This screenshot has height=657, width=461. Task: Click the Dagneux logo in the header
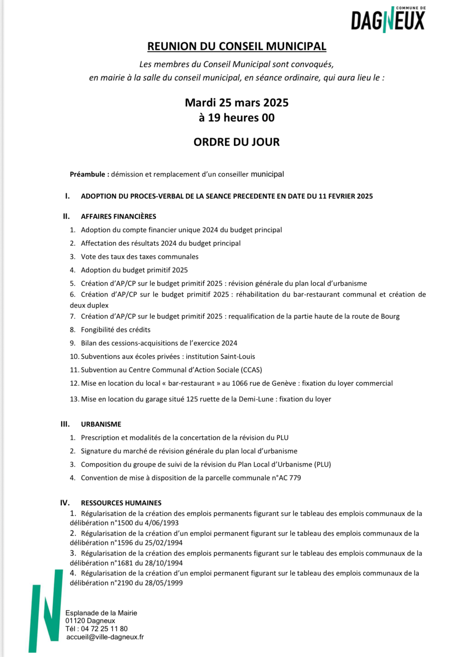point(387,19)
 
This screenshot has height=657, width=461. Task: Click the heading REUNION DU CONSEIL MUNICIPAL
point(236,46)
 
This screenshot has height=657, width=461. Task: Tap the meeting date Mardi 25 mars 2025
point(236,102)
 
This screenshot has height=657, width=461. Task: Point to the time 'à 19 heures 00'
point(236,118)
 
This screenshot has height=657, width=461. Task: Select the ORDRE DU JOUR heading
point(236,142)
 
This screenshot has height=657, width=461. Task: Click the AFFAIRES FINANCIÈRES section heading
point(118,217)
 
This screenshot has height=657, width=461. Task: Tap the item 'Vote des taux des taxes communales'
point(139,257)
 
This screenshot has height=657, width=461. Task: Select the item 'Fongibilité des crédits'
point(116,330)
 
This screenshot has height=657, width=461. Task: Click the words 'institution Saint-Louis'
point(220,357)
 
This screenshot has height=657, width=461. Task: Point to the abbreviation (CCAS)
point(251,370)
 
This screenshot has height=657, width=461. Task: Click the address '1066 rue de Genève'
point(264,383)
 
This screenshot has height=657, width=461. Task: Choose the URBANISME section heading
point(101,424)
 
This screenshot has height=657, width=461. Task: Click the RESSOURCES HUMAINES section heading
point(121,503)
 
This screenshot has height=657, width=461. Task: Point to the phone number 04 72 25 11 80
point(104,629)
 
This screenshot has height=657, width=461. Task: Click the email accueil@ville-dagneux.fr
point(105,637)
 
